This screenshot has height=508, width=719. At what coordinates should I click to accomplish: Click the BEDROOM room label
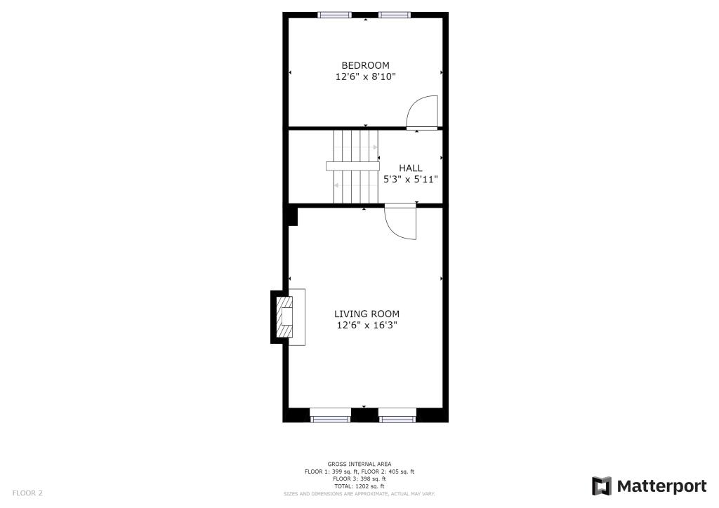(x=365, y=65)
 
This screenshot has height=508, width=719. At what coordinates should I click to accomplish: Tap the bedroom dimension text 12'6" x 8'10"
(x=365, y=76)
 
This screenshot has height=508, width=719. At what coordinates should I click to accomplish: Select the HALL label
(x=411, y=168)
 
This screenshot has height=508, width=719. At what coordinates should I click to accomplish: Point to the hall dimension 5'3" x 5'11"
(x=411, y=180)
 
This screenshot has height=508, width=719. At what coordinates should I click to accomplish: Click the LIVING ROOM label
(x=367, y=314)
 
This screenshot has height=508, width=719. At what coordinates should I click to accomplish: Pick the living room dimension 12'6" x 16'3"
(x=367, y=325)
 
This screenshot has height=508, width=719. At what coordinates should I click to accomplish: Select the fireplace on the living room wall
(x=287, y=317)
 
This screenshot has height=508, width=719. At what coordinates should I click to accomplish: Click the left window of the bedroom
(x=334, y=15)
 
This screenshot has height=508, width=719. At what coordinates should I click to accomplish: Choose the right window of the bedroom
(x=395, y=15)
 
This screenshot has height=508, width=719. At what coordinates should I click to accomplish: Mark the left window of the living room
(x=330, y=419)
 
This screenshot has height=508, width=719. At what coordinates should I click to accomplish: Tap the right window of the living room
(x=398, y=419)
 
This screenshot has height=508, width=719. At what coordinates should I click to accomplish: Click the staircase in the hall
(x=355, y=166)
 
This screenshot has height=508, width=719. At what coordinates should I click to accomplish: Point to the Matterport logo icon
(x=602, y=486)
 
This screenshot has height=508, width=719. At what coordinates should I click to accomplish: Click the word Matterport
(x=661, y=486)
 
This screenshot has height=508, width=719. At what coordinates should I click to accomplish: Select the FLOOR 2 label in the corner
(x=27, y=493)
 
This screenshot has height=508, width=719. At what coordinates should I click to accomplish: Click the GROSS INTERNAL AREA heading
(x=359, y=464)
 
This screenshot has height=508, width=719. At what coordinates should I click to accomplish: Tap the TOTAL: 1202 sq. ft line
(x=359, y=486)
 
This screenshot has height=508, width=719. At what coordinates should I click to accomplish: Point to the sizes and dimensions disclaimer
(x=359, y=494)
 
